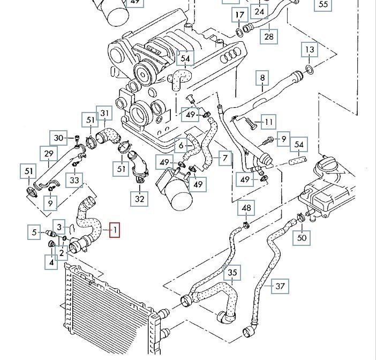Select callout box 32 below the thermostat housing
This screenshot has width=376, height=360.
click(x=140, y=199)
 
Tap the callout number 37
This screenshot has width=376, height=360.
click(x=280, y=286)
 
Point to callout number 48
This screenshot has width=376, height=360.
click(x=246, y=208)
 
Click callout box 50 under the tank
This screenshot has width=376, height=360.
click(x=302, y=236)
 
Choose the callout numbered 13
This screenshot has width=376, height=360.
click(x=310, y=51)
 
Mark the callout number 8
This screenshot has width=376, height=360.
click(x=262, y=78)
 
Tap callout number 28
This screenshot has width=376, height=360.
click(x=269, y=36)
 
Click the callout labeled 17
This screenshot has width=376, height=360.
click(x=239, y=14)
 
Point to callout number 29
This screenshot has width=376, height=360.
click(x=49, y=154)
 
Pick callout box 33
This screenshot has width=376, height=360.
click(x=74, y=180)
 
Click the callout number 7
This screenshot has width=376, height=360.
click(x=224, y=159)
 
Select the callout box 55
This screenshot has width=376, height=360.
click(x=323, y=5)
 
